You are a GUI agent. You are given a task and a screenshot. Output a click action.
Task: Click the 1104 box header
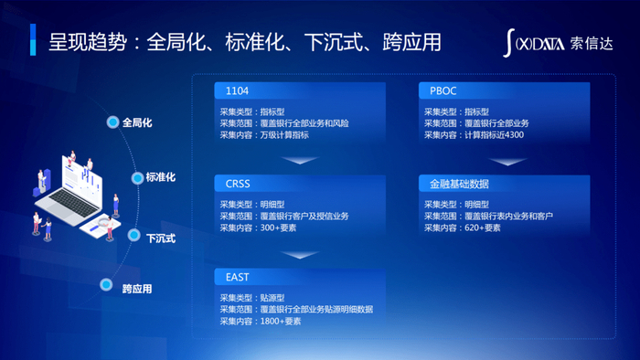[x=300, y=90]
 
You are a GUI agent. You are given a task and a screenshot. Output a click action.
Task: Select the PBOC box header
[x=504, y=90]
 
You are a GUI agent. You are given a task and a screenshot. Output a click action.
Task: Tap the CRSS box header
[x=300, y=184]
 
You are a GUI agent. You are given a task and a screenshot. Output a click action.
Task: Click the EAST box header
[x=300, y=277]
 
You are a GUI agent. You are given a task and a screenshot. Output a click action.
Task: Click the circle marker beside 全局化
[x=112, y=122]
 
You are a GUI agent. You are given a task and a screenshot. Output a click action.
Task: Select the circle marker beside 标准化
[x=137, y=178]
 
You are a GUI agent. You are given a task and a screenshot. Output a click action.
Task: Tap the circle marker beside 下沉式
[x=133, y=235]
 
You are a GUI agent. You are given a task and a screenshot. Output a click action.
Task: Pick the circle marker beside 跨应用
[x=106, y=284]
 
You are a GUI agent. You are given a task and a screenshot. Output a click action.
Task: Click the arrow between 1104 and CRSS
[x=300, y=160]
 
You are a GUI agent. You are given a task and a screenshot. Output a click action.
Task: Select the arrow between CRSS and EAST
[x=300, y=255]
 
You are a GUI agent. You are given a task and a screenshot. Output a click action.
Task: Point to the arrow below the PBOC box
[x=507, y=162]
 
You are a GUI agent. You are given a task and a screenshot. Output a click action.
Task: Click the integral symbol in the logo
[x=508, y=43]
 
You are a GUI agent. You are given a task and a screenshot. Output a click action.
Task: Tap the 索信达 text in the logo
[x=592, y=43]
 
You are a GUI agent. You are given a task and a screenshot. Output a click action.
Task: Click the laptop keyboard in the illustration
[x=74, y=203]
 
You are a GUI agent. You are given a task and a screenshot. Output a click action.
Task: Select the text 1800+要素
[x=281, y=322]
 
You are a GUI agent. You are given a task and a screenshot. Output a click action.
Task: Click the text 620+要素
[x=483, y=228]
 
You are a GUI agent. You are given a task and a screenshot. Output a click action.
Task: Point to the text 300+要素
[x=278, y=228]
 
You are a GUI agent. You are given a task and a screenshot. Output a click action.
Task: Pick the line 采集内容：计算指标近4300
[x=474, y=134]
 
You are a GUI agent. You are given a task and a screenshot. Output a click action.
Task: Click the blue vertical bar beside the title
[x=33, y=39]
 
